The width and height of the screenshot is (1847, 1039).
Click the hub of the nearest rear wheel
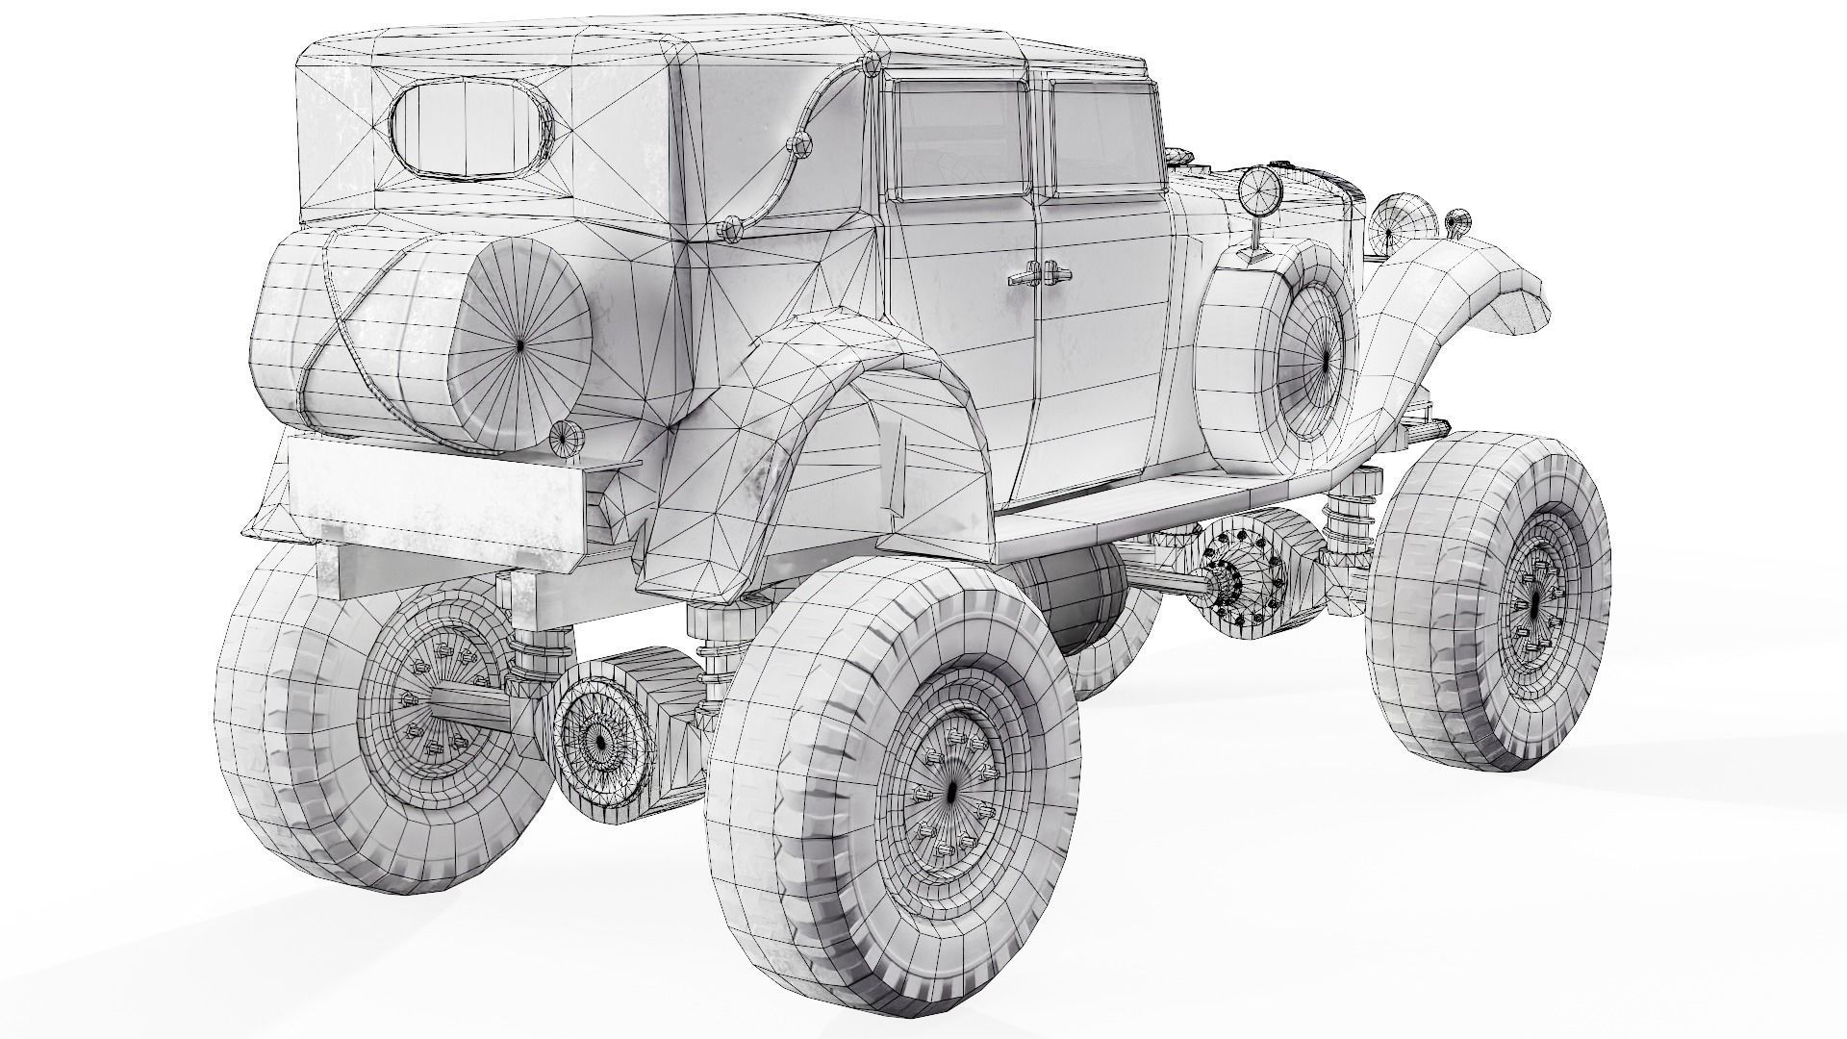[950, 791]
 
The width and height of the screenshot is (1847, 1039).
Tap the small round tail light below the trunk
[561, 437]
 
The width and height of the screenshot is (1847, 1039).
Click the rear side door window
[958, 137]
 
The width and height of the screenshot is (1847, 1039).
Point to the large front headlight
[1393, 222]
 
